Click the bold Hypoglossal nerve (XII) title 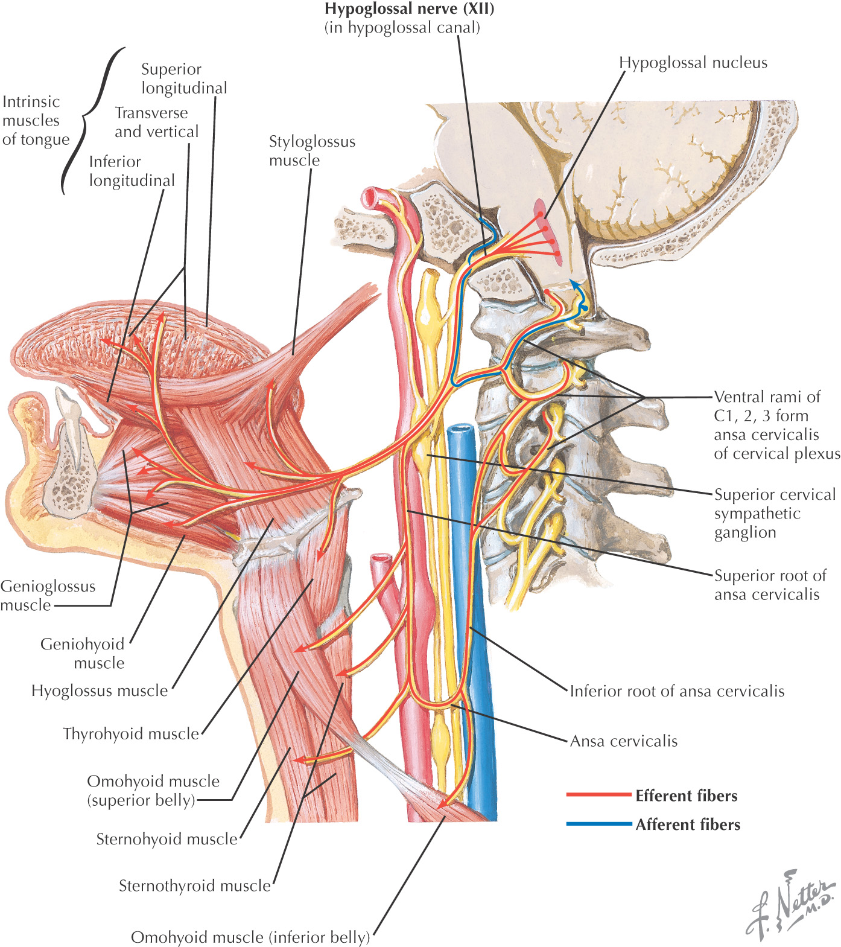click(409, 10)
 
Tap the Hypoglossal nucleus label click(693, 63)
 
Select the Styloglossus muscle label click(311, 150)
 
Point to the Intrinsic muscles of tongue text click(35, 120)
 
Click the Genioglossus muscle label click(48, 595)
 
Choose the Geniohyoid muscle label click(83, 653)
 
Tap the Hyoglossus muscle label click(100, 690)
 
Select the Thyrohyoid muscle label click(131, 734)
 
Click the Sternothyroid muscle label click(194, 885)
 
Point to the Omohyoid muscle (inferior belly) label click(250, 937)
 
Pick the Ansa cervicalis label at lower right click(624, 741)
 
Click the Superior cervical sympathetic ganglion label click(775, 513)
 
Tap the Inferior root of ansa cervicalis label click(677, 691)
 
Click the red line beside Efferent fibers click(598, 795)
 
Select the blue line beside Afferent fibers click(598, 824)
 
